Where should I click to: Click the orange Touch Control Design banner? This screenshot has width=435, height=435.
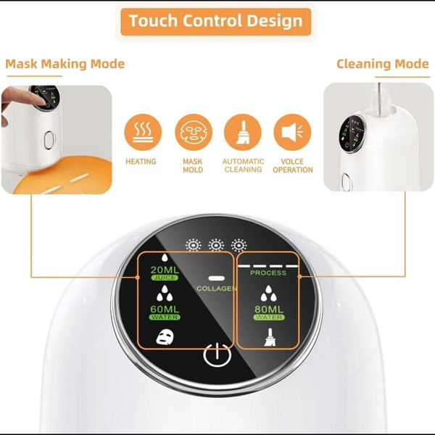[x=216, y=22]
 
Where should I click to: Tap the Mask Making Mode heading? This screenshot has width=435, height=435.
[x=65, y=64]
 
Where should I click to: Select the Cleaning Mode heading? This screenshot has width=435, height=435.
[x=383, y=64]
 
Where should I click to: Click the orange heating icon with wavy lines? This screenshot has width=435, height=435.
[x=143, y=132]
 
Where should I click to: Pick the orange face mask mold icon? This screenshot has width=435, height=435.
[x=194, y=132]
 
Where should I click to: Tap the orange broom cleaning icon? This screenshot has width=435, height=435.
[x=243, y=132]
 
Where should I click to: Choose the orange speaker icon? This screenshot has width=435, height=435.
[x=292, y=132]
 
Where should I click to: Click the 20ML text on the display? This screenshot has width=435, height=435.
[x=165, y=270]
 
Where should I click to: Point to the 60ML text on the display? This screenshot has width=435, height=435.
[x=165, y=309]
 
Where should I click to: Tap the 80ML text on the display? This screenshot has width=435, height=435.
[x=269, y=310]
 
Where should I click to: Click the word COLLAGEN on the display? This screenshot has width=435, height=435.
[x=216, y=289]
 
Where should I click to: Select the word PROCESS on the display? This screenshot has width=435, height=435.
[x=268, y=273]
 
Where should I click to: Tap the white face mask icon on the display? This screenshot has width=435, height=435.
[x=165, y=337]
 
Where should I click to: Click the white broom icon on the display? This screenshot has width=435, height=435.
[x=270, y=337]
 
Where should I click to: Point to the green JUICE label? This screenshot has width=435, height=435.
[x=165, y=278]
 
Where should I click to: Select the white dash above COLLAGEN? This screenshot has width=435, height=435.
[x=216, y=278]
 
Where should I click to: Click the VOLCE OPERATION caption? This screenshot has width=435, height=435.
[x=293, y=165]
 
